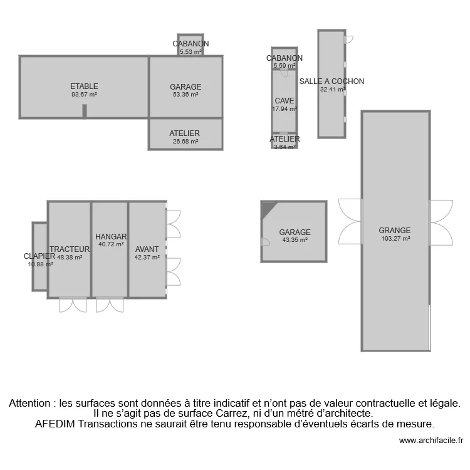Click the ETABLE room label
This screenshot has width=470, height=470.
pyautogui.click(x=84, y=86)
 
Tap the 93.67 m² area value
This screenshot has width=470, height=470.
pyautogui.click(x=84, y=95)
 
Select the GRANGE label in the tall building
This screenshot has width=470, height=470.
pyautogui.click(x=395, y=230)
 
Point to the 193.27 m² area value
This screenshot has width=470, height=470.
pyautogui.click(x=395, y=239)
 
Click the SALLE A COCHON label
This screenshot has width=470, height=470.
pyautogui.click(x=332, y=81)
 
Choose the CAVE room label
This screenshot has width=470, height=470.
pyautogui.click(x=284, y=101)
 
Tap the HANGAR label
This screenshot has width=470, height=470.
pyautogui.click(x=111, y=236)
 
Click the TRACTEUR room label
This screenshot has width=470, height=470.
pyautogui.click(x=70, y=249)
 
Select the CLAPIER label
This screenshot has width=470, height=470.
pyautogui.click(x=39, y=256)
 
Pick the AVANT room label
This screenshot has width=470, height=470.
pyautogui.click(x=147, y=249)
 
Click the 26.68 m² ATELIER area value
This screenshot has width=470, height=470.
pyautogui.click(x=185, y=142)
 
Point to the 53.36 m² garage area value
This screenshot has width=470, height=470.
pyautogui.click(x=185, y=95)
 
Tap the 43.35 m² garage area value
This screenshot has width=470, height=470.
pyautogui.click(x=295, y=240)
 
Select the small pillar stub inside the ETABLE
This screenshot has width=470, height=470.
pyautogui.click(x=84, y=111)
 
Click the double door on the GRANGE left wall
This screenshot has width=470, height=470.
pyautogui.click(x=350, y=222)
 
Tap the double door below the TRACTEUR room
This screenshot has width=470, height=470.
pyautogui.click(x=73, y=305)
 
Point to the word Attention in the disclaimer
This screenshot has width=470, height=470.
pyautogui.click(x=31, y=404)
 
